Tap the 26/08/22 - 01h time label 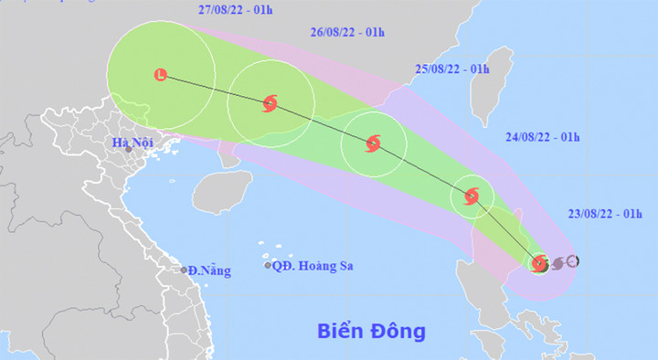click(x=347, y=31)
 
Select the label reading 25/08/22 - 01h click(x=452, y=69)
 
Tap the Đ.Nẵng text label click(x=210, y=270)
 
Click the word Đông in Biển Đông click(x=398, y=330)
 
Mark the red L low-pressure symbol click(x=162, y=75)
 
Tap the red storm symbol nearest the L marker click(x=270, y=103)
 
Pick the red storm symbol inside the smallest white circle click(x=472, y=196)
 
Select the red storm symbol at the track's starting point click(x=539, y=264)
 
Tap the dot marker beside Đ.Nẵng click(x=184, y=270)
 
